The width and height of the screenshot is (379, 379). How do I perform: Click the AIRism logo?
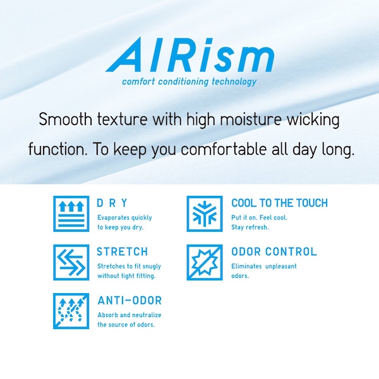[x=190, y=54]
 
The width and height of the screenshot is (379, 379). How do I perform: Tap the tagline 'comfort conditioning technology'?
[x=189, y=81]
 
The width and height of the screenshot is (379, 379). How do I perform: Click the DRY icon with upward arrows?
[x=71, y=214]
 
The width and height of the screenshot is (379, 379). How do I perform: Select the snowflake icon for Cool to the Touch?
[x=205, y=214]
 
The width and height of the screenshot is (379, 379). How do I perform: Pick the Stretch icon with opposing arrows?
[x=71, y=262]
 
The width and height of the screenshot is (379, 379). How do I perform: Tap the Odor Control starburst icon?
[x=205, y=262]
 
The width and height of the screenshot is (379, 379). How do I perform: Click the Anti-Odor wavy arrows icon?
[x=71, y=311]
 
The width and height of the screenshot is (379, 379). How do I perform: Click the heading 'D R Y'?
[x=112, y=203]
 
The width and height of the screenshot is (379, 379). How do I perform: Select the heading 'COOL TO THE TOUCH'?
[x=279, y=203]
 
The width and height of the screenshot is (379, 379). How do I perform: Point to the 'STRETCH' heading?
[x=123, y=251]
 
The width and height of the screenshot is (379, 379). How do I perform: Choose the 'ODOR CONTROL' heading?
[x=274, y=251]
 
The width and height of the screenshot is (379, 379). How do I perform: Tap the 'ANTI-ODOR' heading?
[x=129, y=301]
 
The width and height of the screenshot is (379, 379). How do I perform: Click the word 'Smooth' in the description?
[x=66, y=119]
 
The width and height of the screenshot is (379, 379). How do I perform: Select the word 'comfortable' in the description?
[x=224, y=149]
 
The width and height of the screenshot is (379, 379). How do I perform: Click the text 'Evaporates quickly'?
[x=124, y=218]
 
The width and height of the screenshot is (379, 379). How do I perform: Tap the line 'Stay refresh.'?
[x=250, y=227]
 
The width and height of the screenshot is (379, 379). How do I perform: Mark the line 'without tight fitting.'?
[x=126, y=276]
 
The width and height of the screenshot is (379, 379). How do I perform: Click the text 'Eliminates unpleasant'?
[x=264, y=266]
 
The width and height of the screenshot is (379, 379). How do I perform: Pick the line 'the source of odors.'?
[x=126, y=325]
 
